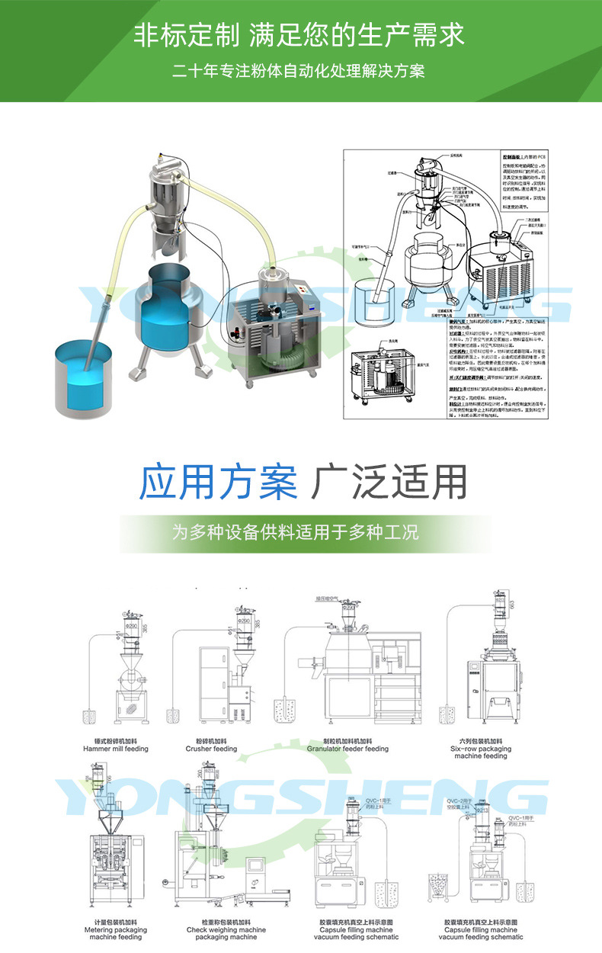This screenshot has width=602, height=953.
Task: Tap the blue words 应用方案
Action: tap(219, 481)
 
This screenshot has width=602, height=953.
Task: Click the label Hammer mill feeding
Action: tap(116, 749)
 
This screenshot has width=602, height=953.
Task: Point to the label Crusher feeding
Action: tap(211, 749)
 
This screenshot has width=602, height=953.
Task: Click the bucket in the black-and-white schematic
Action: tap(379, 299)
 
